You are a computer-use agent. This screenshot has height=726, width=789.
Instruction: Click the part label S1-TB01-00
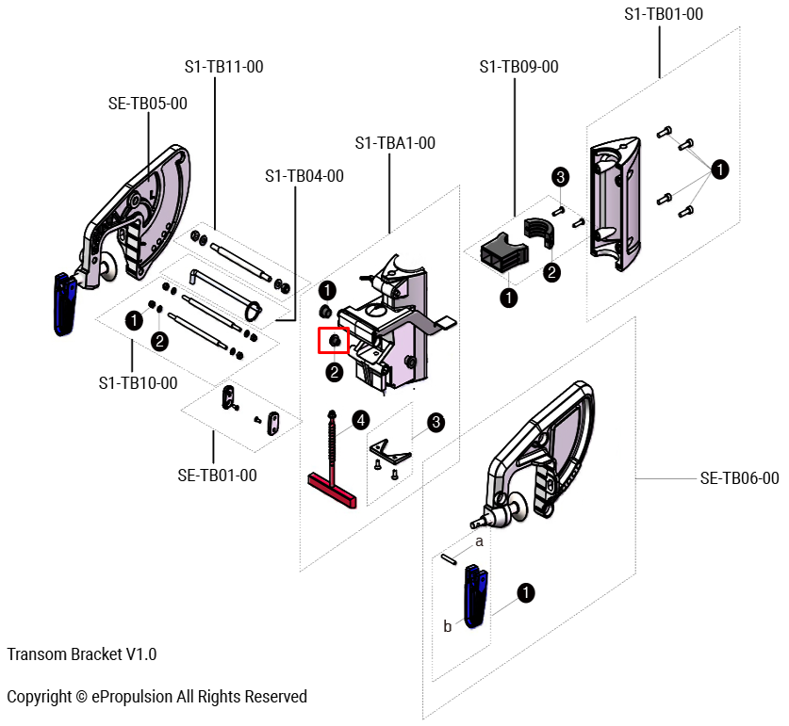(664, 14)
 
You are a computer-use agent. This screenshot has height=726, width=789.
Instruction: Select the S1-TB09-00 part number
(518, 67)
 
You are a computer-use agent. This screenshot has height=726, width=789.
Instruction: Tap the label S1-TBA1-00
(395, 143)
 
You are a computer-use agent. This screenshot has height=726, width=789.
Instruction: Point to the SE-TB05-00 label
(148, 104)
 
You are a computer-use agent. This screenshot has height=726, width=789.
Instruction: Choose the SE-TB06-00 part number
(739, 478)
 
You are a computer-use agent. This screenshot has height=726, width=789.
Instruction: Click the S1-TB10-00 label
(138, 383)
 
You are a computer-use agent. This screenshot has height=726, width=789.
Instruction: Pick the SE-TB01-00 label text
(217, 476)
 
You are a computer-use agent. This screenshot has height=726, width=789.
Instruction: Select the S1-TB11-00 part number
(223, 67)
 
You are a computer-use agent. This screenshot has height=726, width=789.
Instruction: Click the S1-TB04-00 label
(304, 176)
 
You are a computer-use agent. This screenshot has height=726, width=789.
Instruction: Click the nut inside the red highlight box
(334, 340)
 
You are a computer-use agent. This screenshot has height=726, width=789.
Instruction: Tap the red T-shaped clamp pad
(332, 490)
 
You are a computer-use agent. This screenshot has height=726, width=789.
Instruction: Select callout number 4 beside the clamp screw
(360, 419)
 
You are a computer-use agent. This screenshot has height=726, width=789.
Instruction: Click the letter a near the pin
(479, 541)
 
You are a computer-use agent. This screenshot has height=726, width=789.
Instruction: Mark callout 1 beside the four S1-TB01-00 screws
(719, 169)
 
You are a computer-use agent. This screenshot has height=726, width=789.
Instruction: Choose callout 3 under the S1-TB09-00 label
(559, 177)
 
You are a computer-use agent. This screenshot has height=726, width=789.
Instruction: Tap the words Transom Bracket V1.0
(82, 653)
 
